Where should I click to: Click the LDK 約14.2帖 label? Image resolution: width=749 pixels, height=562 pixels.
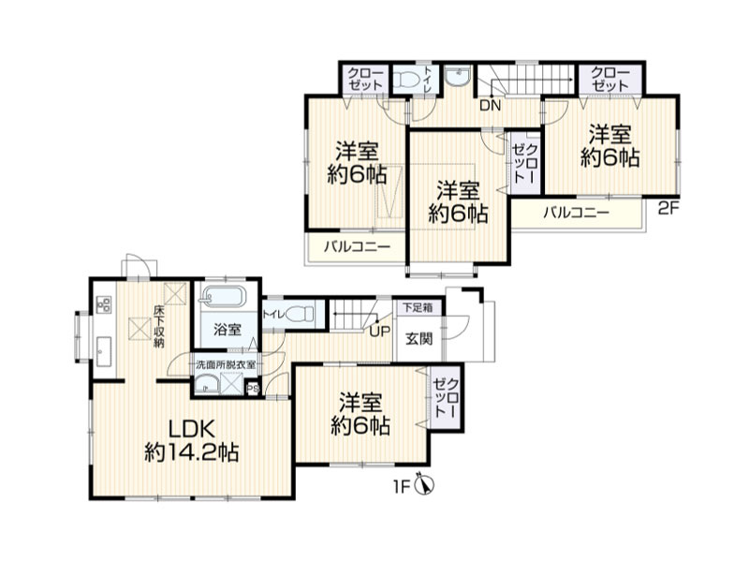click(192, 440)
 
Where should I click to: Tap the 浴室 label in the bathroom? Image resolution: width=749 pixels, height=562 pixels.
click(228, 329)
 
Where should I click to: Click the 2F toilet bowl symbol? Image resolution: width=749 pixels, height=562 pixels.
click(407, 80)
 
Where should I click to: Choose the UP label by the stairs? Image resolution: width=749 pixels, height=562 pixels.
click(380, 331)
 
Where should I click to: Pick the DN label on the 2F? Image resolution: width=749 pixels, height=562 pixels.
click(490, 105)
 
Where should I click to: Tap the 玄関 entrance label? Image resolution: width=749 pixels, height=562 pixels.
click(419, 338)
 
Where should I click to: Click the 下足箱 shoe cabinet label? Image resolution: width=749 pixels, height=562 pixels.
click(418, 307)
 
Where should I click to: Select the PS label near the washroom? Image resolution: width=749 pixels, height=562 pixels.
click(252, 389)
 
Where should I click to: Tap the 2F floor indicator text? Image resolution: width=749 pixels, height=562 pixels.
click(668, 209)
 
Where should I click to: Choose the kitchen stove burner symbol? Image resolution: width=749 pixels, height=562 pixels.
click(104, 304)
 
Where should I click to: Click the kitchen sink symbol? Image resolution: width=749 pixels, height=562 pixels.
click(104, 352)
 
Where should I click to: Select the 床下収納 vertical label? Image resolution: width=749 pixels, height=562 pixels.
click(159, 325)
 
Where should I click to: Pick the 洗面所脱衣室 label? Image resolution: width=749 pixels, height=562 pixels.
click(226, 364)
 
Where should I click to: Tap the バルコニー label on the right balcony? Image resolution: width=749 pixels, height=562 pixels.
click(576, 213)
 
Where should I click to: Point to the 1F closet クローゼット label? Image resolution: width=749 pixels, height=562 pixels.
click(447, 397)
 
